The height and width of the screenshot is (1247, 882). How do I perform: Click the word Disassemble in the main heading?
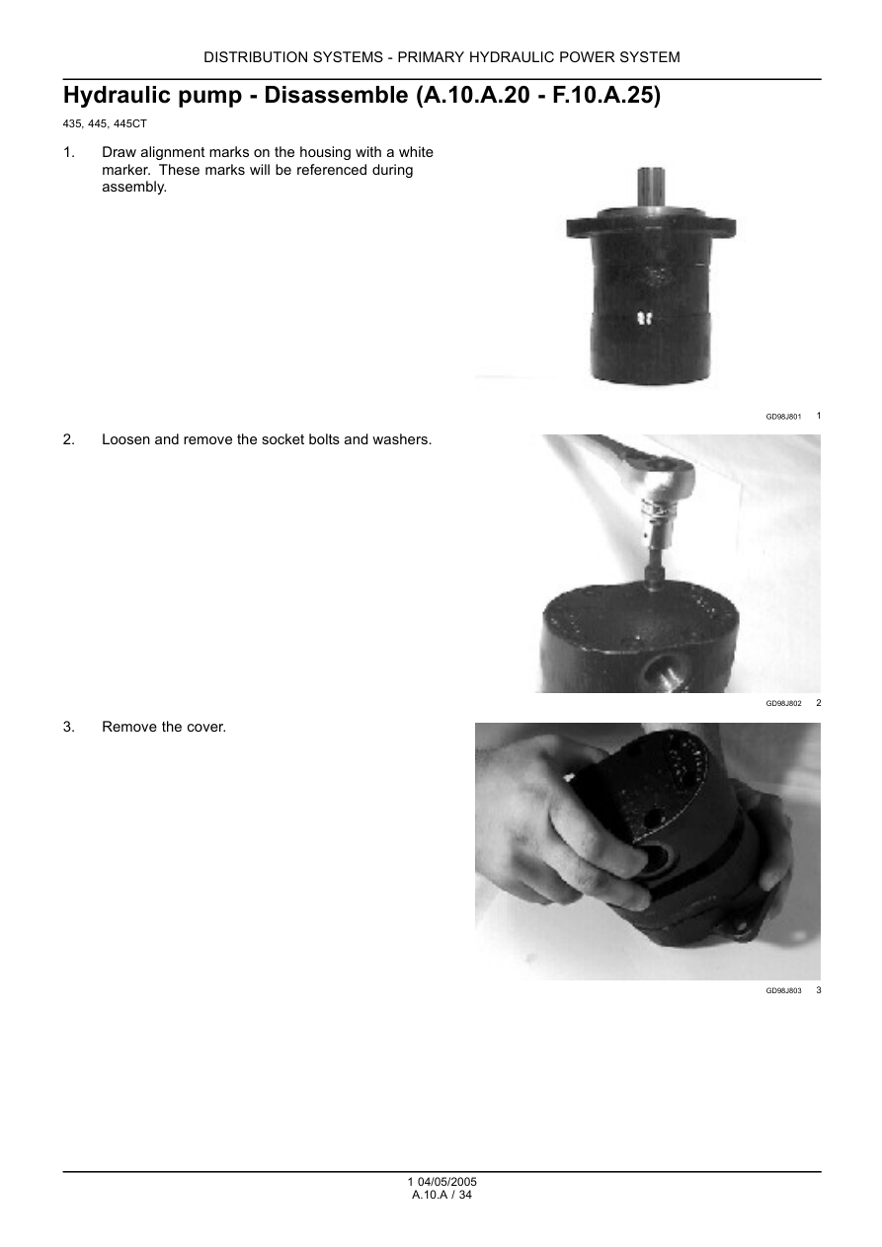click(336, 96)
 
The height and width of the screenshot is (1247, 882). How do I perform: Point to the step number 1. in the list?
click(69, 152)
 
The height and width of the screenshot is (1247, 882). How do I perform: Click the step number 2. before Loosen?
click(69, 439)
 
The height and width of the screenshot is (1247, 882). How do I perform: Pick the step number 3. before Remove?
click(69, 727)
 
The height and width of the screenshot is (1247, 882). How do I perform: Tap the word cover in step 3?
click(207, 727)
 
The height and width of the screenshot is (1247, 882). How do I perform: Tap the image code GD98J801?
click(783, 417)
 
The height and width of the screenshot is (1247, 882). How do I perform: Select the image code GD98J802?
click(783, 704)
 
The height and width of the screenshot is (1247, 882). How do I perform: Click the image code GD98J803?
click(783, 991)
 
